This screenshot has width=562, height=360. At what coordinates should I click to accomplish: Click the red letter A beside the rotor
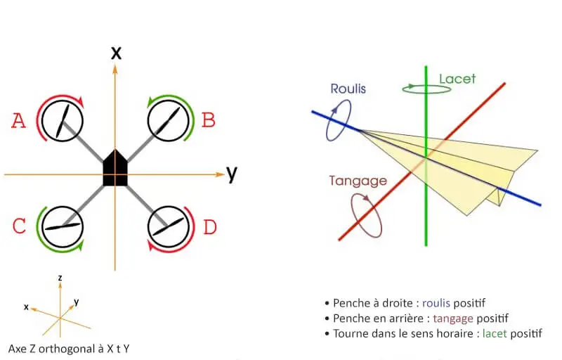point(19,120)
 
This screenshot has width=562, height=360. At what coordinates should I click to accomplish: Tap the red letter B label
point(208,120)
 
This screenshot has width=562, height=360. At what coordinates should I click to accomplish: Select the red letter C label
point(19,226)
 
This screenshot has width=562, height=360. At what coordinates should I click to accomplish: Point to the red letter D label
point(210,227)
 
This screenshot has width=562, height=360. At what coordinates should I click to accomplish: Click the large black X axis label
point(116,53)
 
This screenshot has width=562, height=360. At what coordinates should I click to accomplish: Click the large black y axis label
point(232,174)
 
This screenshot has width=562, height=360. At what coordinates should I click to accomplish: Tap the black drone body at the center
point(115,168)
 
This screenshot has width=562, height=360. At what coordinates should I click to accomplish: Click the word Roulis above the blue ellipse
point(348,89)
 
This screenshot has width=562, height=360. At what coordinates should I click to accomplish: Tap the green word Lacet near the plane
point(457,79)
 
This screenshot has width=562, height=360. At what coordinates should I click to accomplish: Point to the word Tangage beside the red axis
point(358,181)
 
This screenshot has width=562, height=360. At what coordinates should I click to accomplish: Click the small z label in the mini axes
point(60,278)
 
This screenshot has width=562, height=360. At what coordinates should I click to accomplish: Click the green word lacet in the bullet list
point(495,333)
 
